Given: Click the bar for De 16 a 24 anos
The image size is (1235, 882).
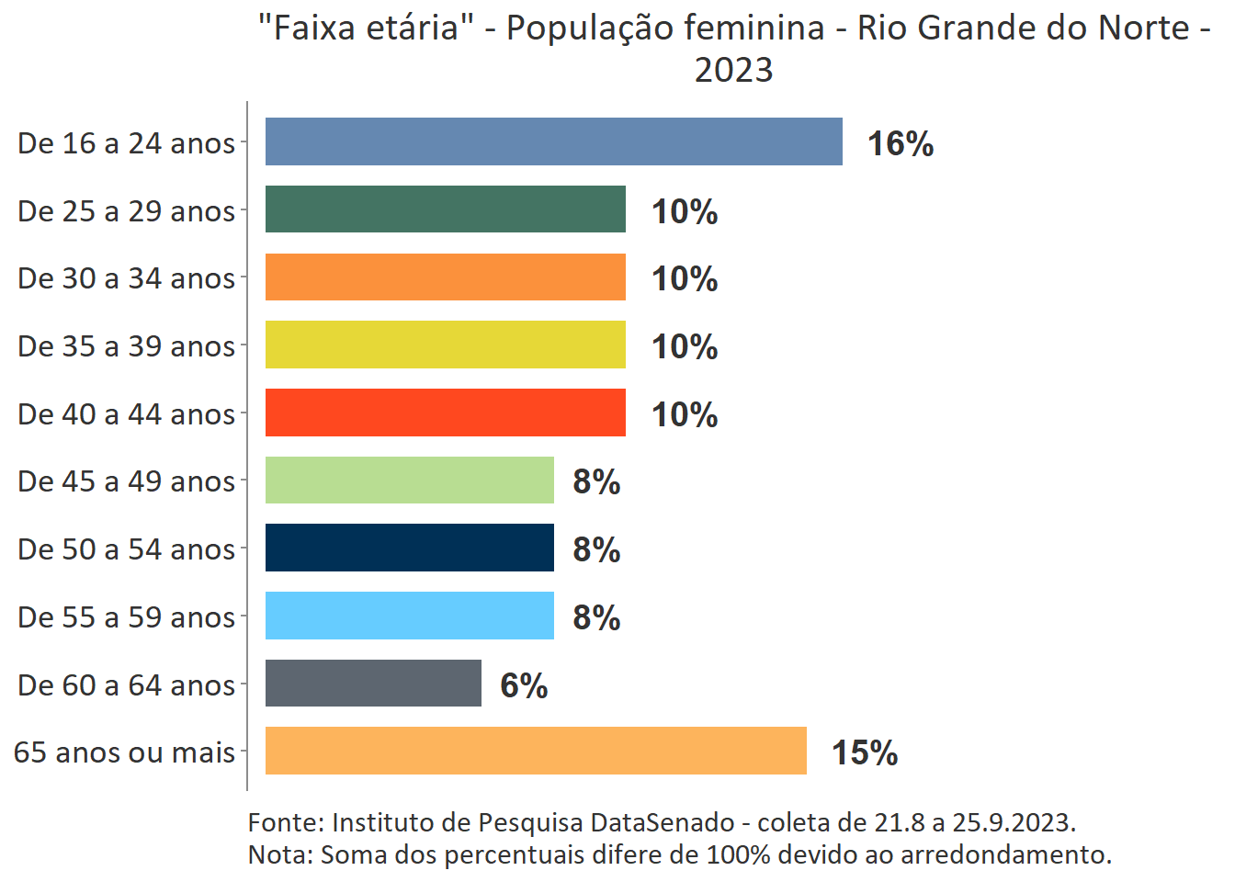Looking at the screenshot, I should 553,141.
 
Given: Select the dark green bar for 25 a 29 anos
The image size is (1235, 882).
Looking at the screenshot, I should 445,209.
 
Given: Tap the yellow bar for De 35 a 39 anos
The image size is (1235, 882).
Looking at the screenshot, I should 445,345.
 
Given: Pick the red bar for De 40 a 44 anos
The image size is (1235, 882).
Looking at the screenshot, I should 445,413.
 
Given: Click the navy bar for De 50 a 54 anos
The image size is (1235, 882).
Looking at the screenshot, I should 409,548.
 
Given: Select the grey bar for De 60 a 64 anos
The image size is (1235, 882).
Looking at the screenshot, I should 373,684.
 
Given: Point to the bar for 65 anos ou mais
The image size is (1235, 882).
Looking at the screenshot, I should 536,751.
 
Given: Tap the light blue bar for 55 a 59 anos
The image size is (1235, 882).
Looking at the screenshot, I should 409,616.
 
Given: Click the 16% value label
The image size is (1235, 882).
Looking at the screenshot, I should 901,143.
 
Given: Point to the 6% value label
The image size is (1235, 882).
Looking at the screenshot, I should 524,685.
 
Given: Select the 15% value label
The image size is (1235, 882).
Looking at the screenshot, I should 865,752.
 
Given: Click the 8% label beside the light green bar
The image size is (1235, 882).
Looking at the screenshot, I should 596,481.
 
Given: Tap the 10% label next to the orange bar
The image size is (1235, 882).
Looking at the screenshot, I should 685,278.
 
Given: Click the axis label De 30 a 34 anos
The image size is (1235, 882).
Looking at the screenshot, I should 127,277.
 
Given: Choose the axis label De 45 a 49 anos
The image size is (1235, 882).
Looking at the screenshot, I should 127,481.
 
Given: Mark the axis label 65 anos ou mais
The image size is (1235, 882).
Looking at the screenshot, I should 125,752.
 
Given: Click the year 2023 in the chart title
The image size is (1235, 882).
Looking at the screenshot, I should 733,70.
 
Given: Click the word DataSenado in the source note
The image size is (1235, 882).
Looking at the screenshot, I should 662,822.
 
